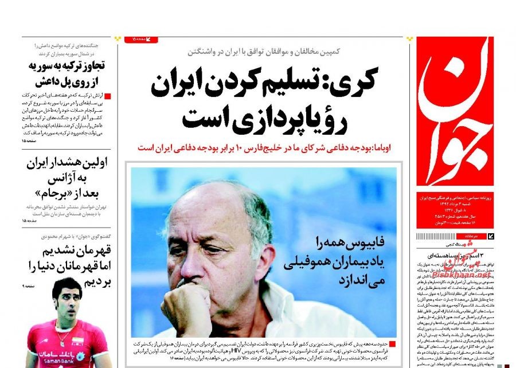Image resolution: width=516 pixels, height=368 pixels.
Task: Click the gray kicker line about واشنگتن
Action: (264, 51)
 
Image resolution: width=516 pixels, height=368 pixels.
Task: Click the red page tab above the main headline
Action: (141, 40)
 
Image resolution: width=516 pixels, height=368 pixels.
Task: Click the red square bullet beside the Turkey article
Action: (107, 95)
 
